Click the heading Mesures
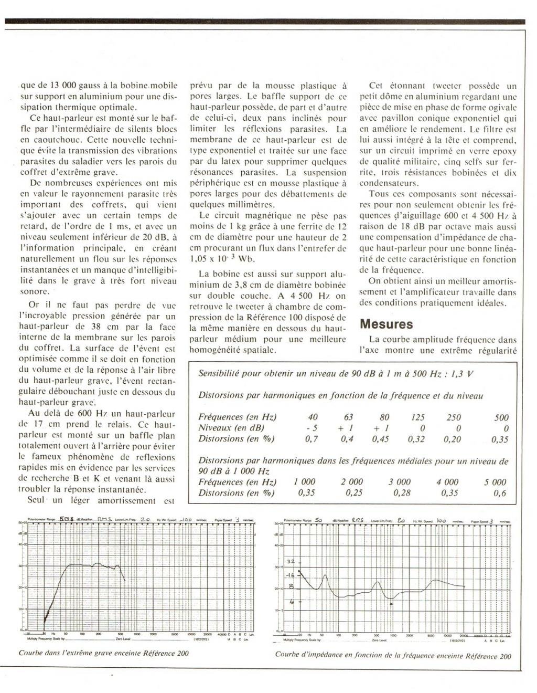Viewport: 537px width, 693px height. tap(386, 324)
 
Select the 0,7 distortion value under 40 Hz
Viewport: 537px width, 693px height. tap(312, 439)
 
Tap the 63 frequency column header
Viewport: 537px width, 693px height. tap(348, 417)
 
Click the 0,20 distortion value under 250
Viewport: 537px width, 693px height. tap(454, 439)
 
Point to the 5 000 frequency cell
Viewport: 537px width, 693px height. tap(495, 482)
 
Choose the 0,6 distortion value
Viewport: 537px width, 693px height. tap(500, 493)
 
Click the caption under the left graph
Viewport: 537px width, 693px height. tap(103, 654)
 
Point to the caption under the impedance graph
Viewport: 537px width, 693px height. tap(392, 656)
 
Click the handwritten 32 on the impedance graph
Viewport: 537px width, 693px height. tap(292, 561)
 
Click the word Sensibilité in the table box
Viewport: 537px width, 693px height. tap(220, 374)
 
